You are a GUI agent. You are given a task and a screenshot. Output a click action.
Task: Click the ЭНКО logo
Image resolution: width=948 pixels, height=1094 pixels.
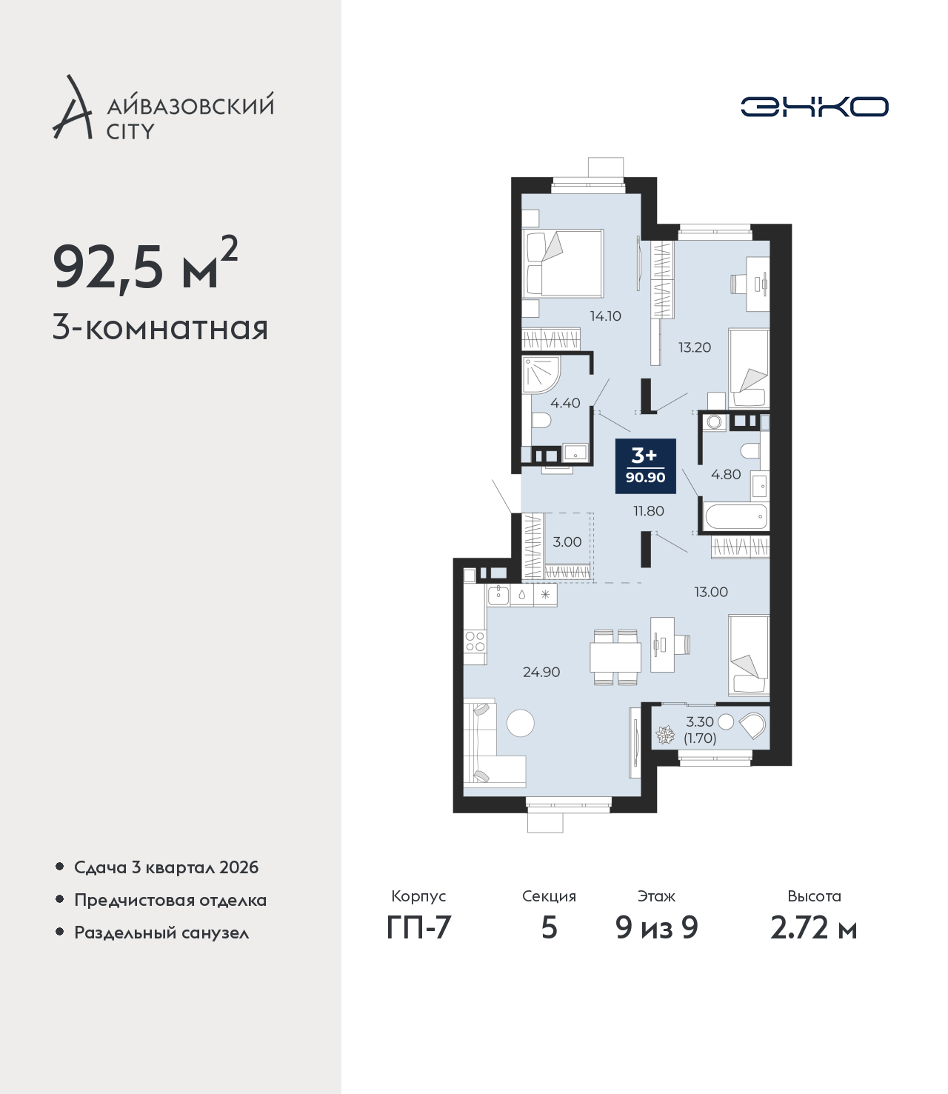tap(814, 107)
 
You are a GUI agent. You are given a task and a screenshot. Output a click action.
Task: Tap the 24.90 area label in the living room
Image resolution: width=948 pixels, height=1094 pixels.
tap(541, 672)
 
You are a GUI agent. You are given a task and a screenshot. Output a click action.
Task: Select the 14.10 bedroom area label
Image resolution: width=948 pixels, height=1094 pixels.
tap(606, 316)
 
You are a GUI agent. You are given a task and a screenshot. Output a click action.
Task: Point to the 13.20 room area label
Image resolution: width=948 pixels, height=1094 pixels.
tap(695, 347)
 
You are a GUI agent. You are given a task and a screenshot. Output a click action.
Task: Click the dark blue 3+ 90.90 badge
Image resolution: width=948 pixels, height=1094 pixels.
tap(645, 466)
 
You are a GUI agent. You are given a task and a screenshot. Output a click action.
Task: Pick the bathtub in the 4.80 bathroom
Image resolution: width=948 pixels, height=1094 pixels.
tap(735, 516)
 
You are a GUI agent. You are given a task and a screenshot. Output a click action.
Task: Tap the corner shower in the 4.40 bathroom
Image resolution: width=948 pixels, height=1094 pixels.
tap(541, 375)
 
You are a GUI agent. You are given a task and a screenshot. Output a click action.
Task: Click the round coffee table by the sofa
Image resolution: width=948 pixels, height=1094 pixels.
tap(521, 722)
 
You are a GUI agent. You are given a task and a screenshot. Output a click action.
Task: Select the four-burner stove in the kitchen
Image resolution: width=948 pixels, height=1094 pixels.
tap(475, 641)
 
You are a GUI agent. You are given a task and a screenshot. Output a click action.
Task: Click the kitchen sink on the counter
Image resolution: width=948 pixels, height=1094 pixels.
tap(498, 596)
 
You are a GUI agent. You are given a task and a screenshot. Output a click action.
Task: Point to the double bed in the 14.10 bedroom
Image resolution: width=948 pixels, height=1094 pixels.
tap(563, 263)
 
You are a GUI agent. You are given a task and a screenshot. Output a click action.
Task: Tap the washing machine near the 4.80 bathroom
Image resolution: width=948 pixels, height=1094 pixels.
tap(713, 422)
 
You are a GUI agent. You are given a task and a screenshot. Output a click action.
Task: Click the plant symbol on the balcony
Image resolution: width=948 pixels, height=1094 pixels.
tap(665, 734)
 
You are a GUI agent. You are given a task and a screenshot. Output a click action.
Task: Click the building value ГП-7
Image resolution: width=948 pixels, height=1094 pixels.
tap(418, 928)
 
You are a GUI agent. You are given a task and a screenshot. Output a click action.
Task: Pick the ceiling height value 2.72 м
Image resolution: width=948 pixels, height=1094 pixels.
tap(813, 928)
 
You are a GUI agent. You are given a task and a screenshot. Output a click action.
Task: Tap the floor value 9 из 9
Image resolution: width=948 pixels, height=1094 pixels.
tap(656, 928)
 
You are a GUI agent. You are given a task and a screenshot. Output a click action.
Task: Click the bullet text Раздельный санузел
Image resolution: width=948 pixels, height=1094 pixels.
tap(161, 933)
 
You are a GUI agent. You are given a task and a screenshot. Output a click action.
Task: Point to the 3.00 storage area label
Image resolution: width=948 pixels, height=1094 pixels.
tap(567, 542)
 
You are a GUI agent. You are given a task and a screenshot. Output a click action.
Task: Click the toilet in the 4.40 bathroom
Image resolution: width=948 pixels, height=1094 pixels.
tap(541, 421)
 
